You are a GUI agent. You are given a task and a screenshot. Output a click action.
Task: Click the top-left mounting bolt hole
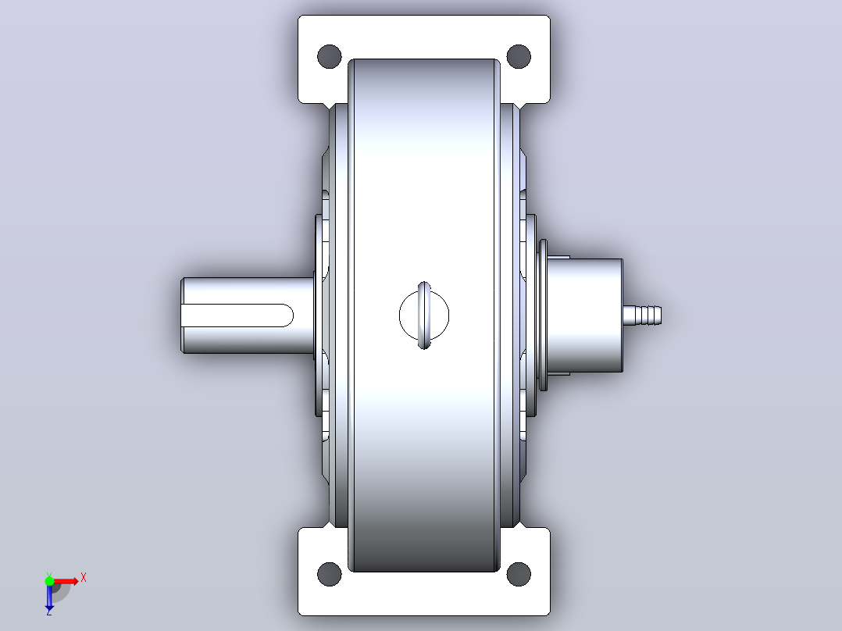tap(329, 56)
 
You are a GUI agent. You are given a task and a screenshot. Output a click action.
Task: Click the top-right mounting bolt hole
tap(519, 56)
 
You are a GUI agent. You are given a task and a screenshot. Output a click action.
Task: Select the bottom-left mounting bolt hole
tap(329, 574)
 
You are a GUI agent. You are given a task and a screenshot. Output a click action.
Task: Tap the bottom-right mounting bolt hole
tap(519, 574)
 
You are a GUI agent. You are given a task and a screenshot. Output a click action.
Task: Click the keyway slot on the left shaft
tap(237, 315)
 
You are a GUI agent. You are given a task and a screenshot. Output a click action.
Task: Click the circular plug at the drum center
tap(424, 315)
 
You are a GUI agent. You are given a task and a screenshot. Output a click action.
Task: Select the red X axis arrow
tap(65, 581)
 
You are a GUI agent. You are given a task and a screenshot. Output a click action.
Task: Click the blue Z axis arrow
tap(49, 595)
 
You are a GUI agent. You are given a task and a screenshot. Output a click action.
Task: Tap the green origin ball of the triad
tap(49, 581)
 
